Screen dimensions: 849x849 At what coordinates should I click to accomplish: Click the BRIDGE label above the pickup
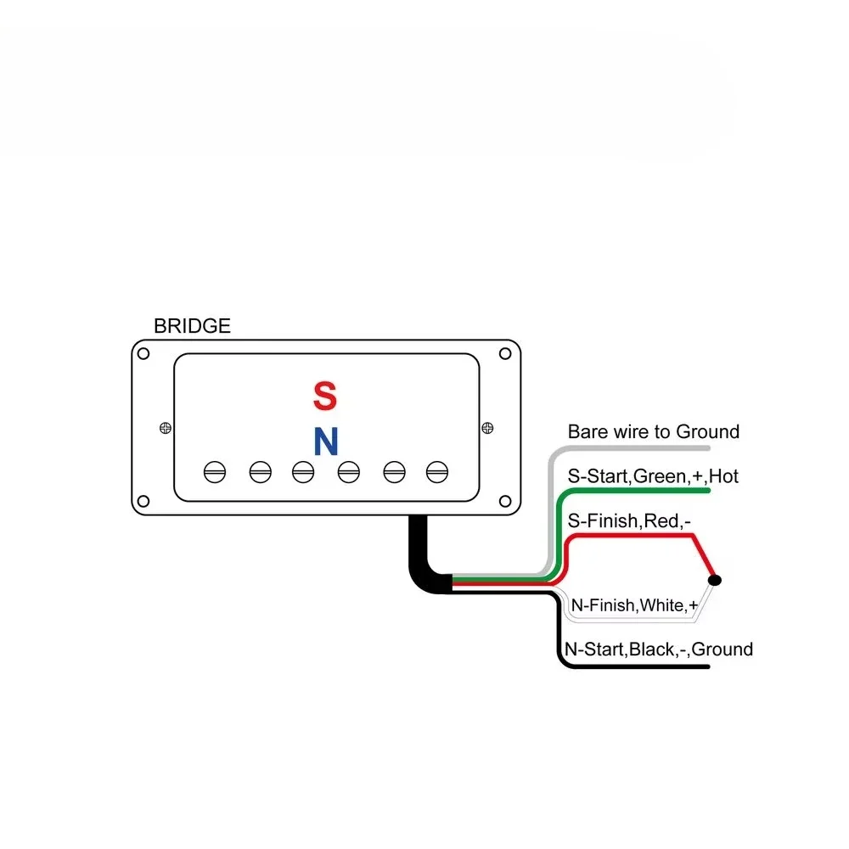point(192,326)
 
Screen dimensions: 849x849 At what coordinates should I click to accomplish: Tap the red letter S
point(325,396)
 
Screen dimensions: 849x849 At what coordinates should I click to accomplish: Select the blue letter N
point(326,441)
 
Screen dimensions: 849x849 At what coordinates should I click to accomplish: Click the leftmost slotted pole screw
point(214,471)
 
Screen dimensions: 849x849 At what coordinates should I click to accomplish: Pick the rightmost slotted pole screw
point(436,470)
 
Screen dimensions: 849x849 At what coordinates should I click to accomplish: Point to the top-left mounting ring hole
point(144,353)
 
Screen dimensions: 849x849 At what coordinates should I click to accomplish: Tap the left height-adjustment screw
point(166,427)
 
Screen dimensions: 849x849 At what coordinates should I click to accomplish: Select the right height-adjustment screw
point(486,427)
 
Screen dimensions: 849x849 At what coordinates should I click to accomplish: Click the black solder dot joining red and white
point(715,580)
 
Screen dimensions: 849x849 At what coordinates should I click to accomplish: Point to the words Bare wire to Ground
point(653,432)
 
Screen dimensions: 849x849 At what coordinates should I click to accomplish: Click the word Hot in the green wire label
point(723,477)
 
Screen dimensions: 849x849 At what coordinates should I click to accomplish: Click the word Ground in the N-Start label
point(724,649)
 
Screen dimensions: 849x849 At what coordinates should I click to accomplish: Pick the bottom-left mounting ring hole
point(144,501)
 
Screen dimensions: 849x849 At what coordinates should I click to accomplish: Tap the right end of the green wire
point(706,491)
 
